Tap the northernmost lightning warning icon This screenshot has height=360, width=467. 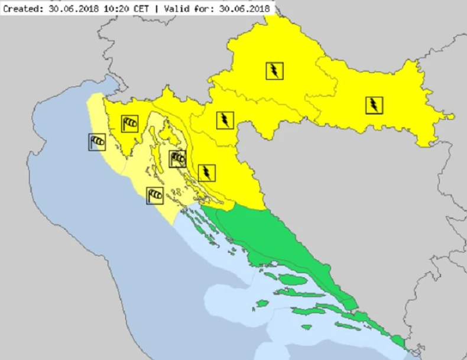click(x=274, y=71)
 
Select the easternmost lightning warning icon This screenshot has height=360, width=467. click(x=374, y=105)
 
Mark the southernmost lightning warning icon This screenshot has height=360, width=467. click(x=206, y=173)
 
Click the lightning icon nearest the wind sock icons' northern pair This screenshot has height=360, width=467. click(x=225, y=120)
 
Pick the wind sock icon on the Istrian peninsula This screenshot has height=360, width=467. click(x=130, y=124)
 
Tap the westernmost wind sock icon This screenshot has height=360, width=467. click(x=98, y=141)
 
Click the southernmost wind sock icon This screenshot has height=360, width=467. click(x=155, y=194)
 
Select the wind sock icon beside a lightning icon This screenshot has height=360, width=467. click(x=177, y=158)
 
